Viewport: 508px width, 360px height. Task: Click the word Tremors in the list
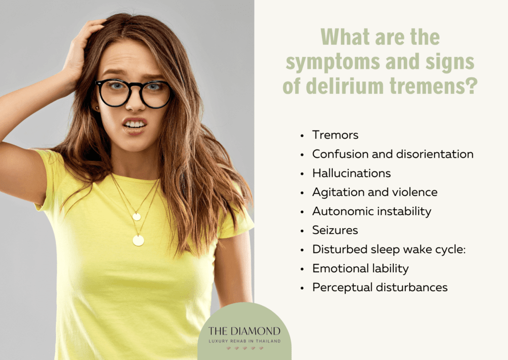[335, 135]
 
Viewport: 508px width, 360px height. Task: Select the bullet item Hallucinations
[351, 173]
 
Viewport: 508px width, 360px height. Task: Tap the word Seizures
[335, 230]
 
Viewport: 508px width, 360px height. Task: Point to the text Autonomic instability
[372, 211]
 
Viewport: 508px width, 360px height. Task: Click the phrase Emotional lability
[360, 268]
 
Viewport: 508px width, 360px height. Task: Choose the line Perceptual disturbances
[380, 287]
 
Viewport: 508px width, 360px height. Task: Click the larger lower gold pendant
[138, 240]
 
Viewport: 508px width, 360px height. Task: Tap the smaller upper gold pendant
[136, 216]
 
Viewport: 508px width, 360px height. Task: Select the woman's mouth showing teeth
[135, 124]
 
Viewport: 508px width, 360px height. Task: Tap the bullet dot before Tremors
[302, 135]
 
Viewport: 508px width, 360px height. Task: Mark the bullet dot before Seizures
[302, 231]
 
